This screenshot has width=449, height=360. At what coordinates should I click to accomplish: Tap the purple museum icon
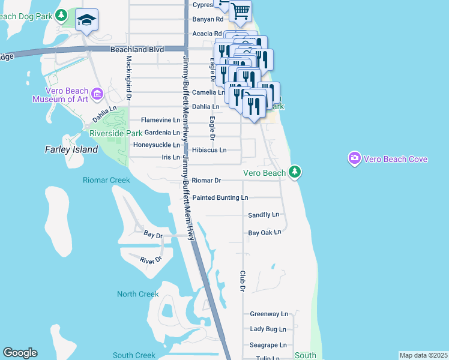click(98, 94)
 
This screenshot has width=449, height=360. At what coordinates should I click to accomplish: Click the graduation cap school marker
click(87, 21)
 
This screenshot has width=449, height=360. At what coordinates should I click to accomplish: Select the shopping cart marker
click(240, 10)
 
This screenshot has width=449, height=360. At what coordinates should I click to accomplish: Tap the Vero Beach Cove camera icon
click(355, 158)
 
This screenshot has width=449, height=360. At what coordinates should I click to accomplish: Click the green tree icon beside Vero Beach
click(295, 173)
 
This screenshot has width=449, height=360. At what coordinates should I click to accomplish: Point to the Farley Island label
click(71, 149)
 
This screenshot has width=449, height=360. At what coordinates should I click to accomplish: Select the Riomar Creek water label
click(106, 180)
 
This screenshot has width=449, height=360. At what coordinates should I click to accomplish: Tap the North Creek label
click(138, 294)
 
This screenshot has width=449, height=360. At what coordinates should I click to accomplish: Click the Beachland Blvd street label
click(137, 50)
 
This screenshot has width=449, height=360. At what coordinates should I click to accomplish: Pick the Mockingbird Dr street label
click(128, 78)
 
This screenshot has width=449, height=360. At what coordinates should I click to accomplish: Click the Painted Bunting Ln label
click(220, 197)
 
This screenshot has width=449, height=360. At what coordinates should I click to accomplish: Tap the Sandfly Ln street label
click(264, 214)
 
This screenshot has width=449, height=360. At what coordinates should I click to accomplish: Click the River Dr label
click(151, 260)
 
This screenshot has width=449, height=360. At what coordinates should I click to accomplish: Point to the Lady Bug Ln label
click(268, 329)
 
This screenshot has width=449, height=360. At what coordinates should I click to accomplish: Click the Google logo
click(20, 353)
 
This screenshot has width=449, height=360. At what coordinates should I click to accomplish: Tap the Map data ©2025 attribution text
click(423, 355)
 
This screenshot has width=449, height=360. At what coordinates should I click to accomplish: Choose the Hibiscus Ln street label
click(209, 149)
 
